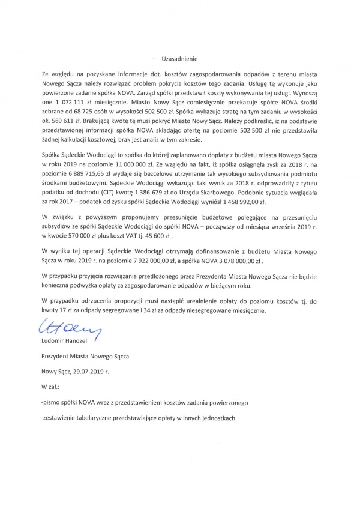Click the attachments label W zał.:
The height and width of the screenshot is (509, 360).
pos(50,388)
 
